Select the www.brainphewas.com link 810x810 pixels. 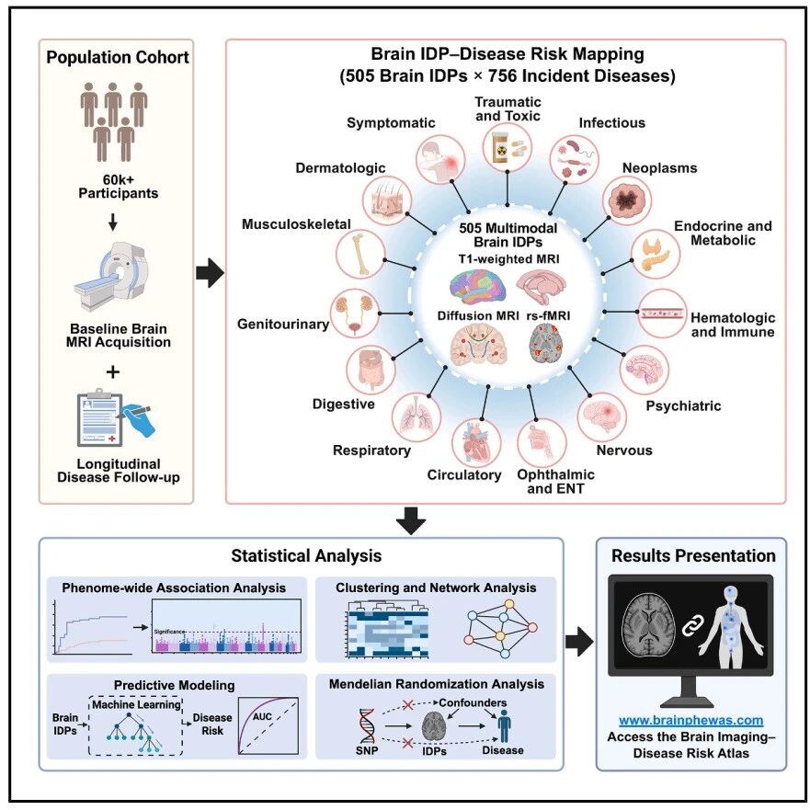691,720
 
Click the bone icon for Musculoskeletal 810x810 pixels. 360,254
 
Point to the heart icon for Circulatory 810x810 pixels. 475,443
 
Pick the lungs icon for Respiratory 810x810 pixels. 416,416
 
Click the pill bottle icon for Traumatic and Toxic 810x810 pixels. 508,147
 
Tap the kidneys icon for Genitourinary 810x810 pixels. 355,314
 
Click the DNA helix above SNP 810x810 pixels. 367,725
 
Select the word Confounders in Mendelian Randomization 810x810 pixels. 473,702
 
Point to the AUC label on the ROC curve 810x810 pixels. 262,716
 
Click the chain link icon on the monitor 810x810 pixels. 691,627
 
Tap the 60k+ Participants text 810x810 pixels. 119,187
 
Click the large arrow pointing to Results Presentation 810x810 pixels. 579,642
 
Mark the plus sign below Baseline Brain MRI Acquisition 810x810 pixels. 112,372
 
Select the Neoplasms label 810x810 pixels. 659,168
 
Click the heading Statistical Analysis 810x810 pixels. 306,556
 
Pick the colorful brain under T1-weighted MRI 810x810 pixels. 477,287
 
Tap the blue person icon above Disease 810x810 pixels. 504,725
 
